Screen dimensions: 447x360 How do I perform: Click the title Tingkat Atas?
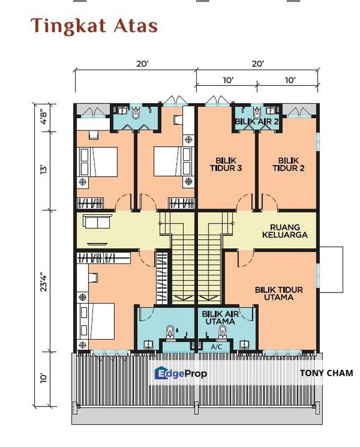pos(94,25)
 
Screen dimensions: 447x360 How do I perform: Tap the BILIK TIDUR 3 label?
pos(225,163)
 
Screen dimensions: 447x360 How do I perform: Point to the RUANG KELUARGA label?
pos(285,230)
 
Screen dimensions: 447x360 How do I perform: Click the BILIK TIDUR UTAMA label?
pos(282,293)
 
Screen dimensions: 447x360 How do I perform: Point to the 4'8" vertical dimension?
pos(42,117)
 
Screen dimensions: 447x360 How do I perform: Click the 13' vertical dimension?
pos(42,169)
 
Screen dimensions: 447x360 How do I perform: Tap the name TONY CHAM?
pos(326,373)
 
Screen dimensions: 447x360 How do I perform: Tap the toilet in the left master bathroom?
pos(169,330)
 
